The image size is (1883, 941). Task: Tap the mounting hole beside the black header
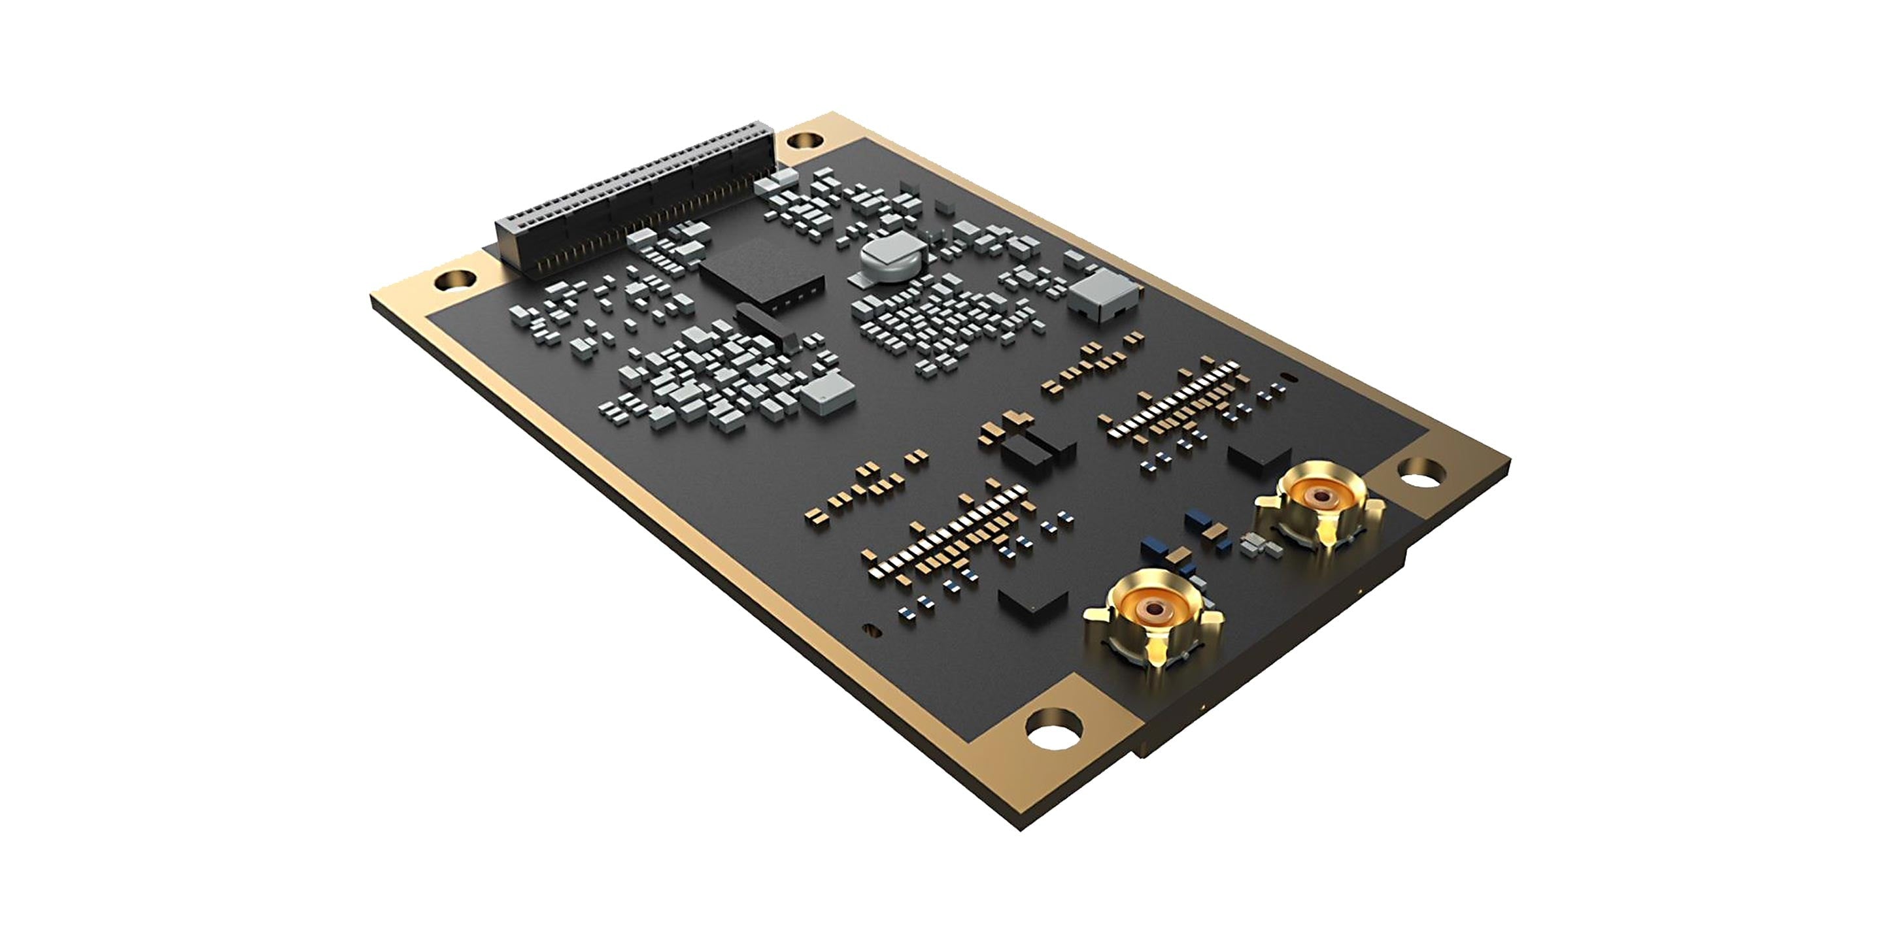806,139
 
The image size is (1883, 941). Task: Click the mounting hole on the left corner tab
456,279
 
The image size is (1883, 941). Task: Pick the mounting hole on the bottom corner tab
1053,731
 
